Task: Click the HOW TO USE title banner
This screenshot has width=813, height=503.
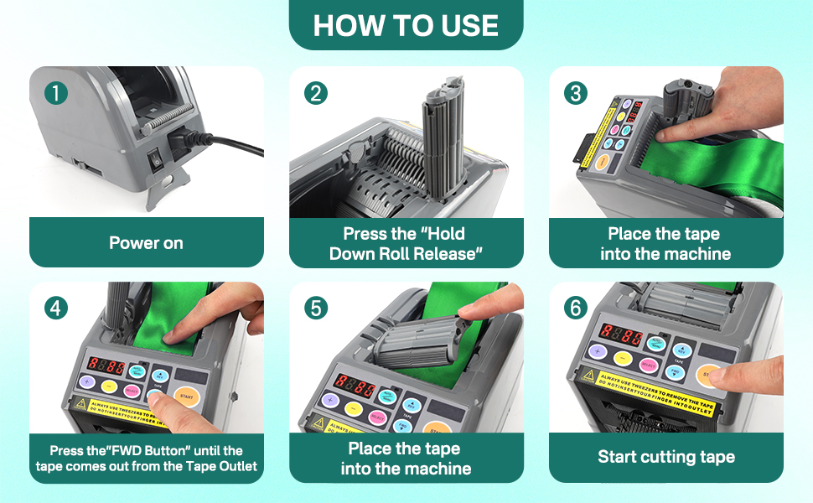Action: click(x=406, y=24)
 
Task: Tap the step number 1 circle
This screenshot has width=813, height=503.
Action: click(x=55, y=93)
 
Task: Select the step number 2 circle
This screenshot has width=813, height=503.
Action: click(x=315, y=93)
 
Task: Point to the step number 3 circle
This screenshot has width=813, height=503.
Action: click(x=575, y=93)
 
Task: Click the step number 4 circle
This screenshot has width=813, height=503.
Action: click(x=55, y=308)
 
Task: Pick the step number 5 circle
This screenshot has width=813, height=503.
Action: click(x=315, y=308)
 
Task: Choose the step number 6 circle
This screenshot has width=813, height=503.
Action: click(x=575, y=308)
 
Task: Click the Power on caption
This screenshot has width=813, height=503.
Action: click(x=146, y=243)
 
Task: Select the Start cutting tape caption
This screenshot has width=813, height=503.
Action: click(x=666, y=457)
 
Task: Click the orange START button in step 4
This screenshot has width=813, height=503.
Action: click(x=187, y=395)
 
